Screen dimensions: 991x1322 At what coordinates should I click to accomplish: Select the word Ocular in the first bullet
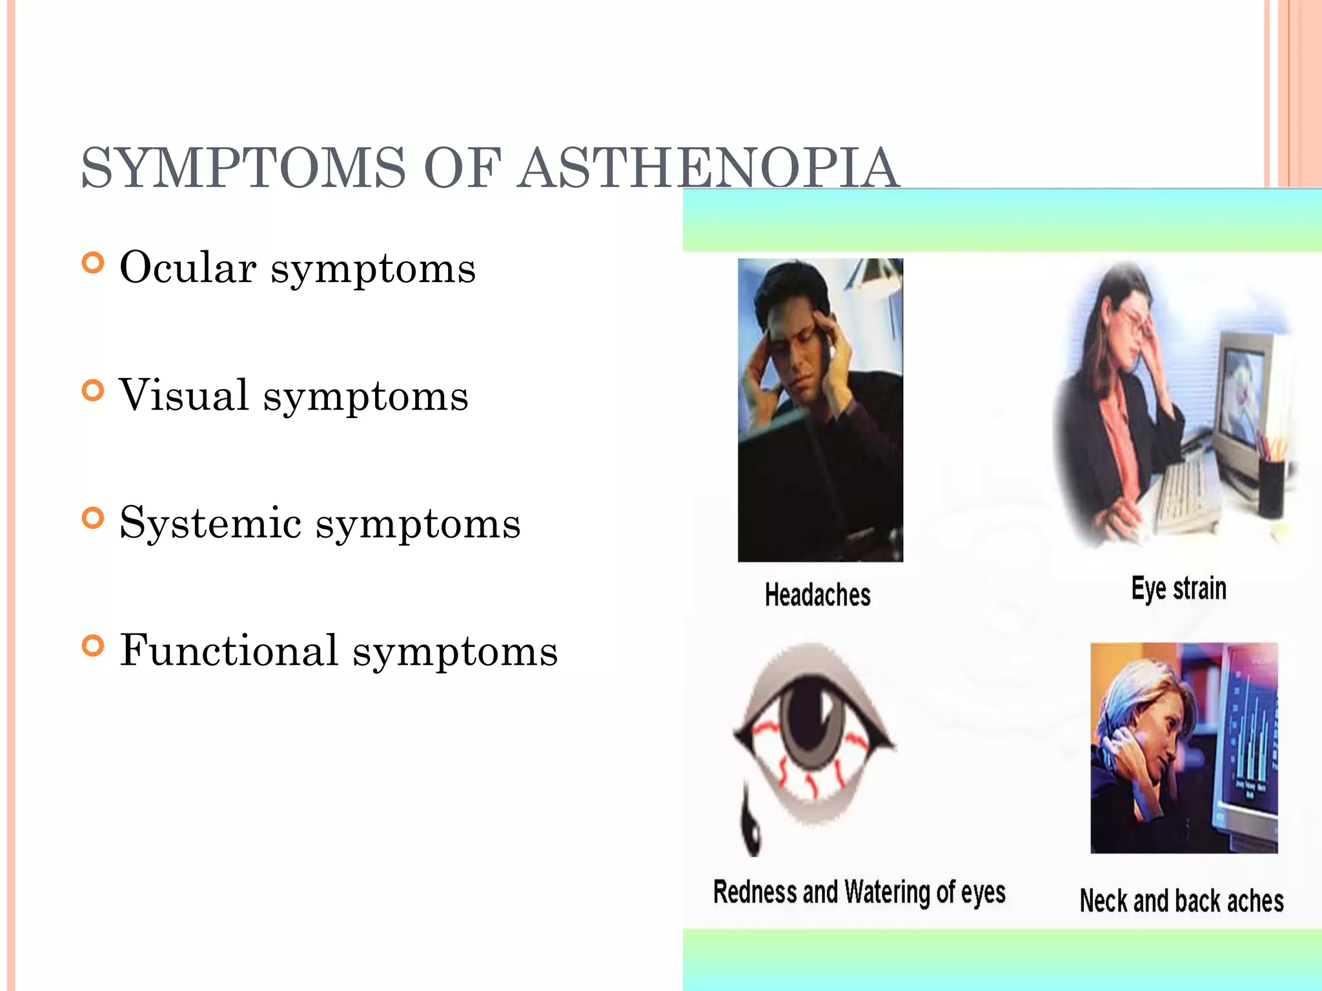(188, 267)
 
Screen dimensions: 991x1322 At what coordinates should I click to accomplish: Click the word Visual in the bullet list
(185, 395)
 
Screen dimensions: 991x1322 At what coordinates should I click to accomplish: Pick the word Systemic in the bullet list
(210, 523)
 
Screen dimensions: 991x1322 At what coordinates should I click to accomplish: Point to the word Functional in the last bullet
(229, 650)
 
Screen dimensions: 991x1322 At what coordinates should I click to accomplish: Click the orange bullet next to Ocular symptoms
(94, 263)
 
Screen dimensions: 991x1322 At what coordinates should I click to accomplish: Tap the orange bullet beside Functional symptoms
(94, 646)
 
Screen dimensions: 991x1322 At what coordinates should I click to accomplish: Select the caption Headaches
(817, 595)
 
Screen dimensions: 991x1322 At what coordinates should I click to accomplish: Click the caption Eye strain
(1179, 588)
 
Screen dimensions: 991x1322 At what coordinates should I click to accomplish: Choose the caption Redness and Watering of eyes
(859, 893)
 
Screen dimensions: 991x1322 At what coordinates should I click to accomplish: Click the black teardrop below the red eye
(751, 832)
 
